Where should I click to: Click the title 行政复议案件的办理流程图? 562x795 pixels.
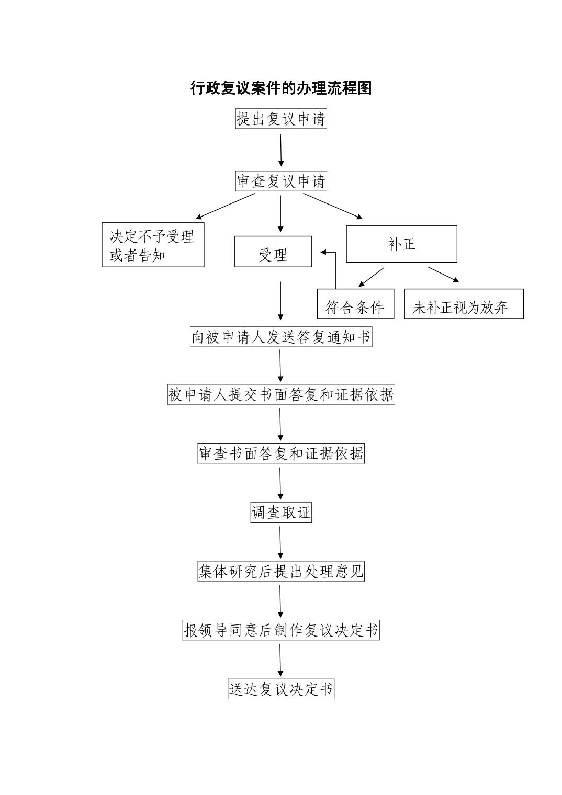(x=281, y=88)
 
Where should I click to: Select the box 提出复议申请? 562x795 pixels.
(x=281, y=119)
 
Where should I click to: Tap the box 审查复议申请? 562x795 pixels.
(x=281, y=181)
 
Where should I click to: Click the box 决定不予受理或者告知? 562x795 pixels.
(x=153, y=245)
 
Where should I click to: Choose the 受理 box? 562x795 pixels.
(x=273, y=252)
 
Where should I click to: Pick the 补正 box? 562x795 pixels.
(x=401, y=244)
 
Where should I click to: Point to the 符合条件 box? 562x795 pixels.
(x=355, y=304)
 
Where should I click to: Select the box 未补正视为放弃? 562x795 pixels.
(x=464, y=304)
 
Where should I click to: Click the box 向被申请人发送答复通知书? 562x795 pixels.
(x=281, y=337)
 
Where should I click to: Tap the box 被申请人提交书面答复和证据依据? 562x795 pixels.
(x=281, y=394)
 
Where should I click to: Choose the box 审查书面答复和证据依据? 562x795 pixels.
(x=281, y=453)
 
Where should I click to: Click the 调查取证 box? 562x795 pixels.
(x=281, y=512)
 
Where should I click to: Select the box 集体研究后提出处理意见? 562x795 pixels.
(x=281, y=571)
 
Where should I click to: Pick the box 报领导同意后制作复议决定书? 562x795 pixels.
(x=281, y=630)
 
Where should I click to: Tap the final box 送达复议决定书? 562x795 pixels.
(x=281, y=689)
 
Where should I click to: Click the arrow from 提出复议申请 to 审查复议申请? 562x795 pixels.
(x=281, y=151)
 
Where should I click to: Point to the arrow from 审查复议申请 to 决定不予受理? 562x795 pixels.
(x=226, y=206)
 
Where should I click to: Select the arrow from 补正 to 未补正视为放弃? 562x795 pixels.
(x=443, y=275)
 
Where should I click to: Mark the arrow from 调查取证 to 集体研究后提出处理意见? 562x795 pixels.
(x=280, y=543)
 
